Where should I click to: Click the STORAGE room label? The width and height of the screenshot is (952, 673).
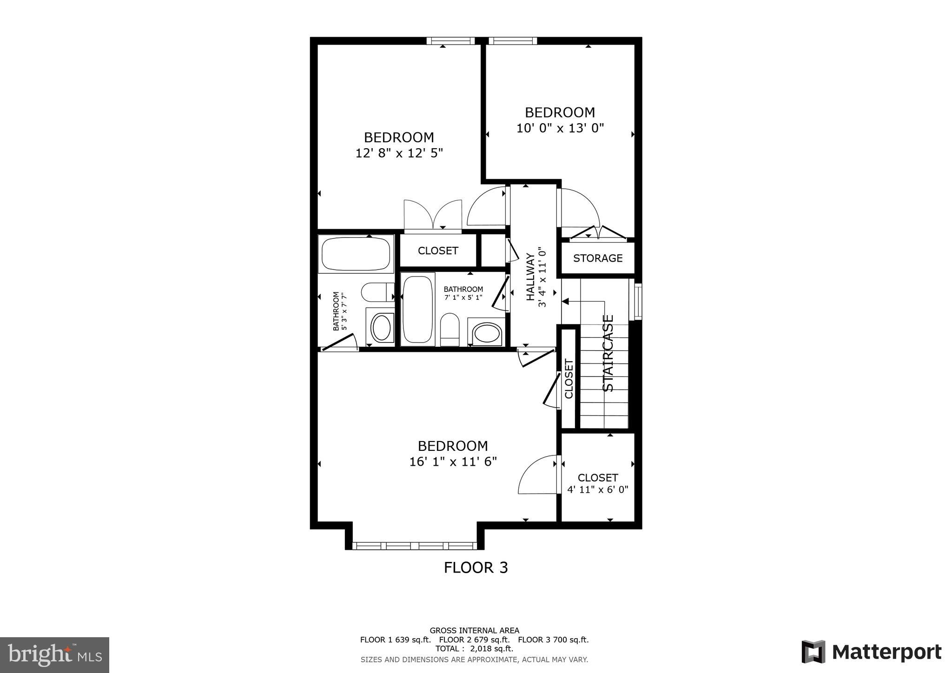tap(597, 258)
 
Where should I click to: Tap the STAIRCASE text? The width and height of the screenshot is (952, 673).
tap(608, 353)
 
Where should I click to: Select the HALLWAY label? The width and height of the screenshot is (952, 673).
tap(530, 277)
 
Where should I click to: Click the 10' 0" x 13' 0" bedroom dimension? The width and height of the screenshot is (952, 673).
tap(560, 128)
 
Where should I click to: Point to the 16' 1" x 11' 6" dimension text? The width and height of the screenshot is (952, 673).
tap(453, 462)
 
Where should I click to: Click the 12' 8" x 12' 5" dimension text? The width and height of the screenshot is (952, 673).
tap(399, 153)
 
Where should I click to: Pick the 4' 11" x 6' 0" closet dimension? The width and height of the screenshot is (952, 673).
tap(597, 489)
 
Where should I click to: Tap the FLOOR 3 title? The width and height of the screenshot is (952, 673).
tap(476, 567)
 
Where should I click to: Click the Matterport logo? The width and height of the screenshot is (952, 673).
tap(872, 652)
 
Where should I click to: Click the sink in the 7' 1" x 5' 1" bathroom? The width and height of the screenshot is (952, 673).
tap(486, 333)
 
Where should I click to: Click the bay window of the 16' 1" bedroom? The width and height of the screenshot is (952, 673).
tap(415, 546)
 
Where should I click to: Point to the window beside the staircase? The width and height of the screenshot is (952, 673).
tap(638, 302)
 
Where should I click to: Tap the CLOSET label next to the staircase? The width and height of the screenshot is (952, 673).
tap(569, 379)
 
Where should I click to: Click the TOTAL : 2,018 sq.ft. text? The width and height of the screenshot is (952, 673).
tap(474, 648)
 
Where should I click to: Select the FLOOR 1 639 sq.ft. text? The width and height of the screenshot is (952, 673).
tap(395, 640)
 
